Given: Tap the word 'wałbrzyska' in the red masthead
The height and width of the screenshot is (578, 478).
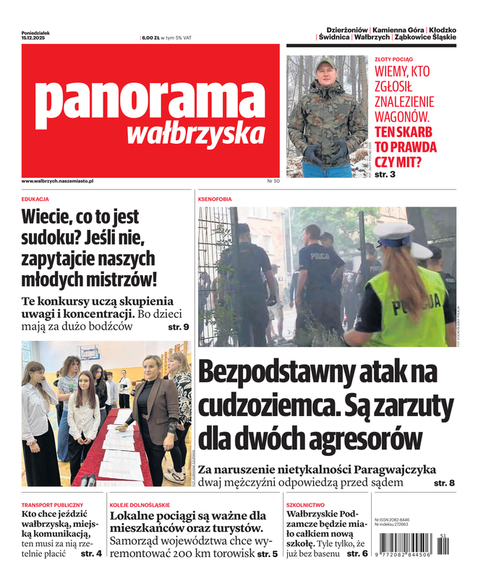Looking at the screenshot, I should point(195,133).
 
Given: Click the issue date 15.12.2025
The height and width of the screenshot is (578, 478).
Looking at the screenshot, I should point(34,38).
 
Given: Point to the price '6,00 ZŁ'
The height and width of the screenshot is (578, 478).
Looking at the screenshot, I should point(150,37).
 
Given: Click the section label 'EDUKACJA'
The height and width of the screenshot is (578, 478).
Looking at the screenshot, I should point(35,198).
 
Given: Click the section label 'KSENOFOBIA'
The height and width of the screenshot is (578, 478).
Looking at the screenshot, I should point(215,198).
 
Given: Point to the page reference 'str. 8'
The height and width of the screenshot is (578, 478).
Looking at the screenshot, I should point(444,482).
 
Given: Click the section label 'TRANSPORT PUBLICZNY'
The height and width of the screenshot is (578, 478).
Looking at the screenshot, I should point(53,504).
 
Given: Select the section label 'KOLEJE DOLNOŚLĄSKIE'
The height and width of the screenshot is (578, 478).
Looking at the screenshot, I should point(140,504).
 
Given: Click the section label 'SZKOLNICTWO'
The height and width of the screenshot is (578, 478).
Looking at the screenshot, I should point(305,504).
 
